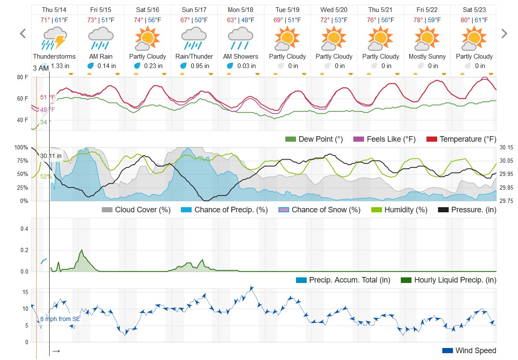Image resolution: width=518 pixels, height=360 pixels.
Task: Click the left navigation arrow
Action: coord(23,34)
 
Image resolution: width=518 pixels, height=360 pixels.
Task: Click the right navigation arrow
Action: coord(504,34)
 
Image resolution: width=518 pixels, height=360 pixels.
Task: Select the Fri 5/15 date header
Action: coord(101,9)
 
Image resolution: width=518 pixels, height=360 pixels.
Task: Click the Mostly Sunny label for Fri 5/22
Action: coord(427,57)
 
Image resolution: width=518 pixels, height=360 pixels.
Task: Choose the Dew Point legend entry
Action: coord(314,139)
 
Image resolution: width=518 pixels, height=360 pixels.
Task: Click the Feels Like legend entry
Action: coord(385,139)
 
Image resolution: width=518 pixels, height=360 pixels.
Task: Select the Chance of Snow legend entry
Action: coord(319,210)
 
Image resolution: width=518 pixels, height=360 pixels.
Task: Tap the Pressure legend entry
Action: coord(468,210)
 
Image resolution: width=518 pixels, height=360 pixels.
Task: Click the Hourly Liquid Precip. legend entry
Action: coord(449,280)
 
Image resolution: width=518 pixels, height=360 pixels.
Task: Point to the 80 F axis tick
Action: coord(23,77)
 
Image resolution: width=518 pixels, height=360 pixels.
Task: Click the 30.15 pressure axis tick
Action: coord(506,148)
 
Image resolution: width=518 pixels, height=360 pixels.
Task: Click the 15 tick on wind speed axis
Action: coord(25,292)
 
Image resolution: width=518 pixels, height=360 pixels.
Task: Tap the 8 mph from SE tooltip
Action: coord(60,319)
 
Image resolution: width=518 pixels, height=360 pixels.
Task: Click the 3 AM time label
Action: coord(41,68)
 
